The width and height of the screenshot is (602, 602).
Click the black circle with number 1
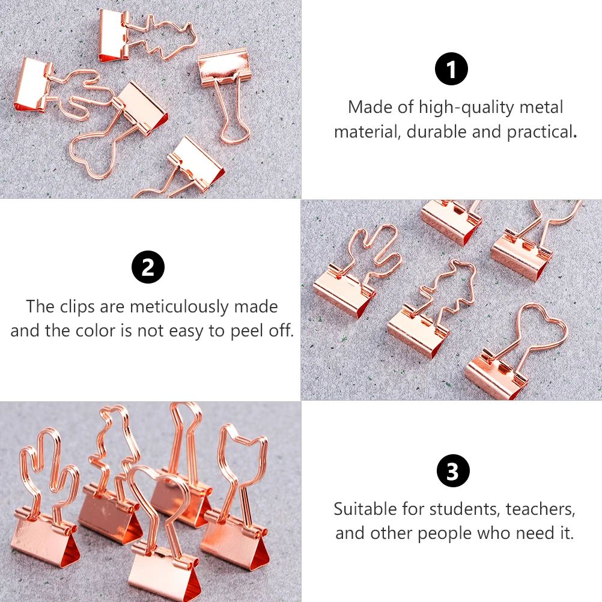tap(451, 69)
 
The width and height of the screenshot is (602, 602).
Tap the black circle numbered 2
tap(148, 267)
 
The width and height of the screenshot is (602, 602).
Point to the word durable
tap(437, 132)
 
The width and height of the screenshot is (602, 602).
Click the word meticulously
tap(179, 307)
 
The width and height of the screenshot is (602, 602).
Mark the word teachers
tap(541, 509)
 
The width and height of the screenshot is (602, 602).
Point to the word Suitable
tap(366, 509)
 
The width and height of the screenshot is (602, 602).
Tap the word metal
tap(541, 108)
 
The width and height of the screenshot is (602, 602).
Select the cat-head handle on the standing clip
tap(242, 448)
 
